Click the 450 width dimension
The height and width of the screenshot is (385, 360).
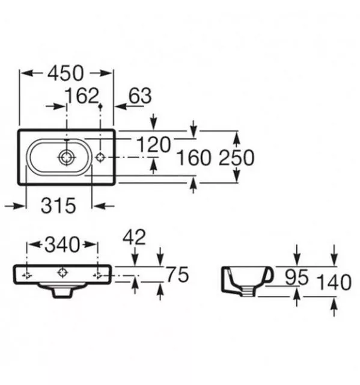(66, 73)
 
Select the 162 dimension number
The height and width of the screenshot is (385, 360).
(82, 96)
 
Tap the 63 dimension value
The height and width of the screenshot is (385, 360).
(140, 96)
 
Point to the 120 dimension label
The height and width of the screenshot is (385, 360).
(153, 144)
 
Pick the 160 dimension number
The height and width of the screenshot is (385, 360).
(194, 158)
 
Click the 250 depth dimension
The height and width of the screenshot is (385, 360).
(236, 158)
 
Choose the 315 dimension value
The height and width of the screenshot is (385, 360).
(58, 206)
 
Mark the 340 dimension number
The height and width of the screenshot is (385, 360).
(63, 245)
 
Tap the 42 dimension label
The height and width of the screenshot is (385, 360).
(134, 237)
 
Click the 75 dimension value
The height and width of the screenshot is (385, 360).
(178, 274)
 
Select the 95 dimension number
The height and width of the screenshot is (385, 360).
(296, 277)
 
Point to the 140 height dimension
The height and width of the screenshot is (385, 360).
(334, 283)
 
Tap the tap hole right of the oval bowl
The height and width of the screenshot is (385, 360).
(100, 158)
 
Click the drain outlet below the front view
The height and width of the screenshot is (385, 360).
(63, 293)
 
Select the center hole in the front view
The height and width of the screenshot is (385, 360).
(63, 273)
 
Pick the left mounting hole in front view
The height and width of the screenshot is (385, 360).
(26, 276)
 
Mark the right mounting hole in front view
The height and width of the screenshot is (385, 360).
(97, 276)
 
